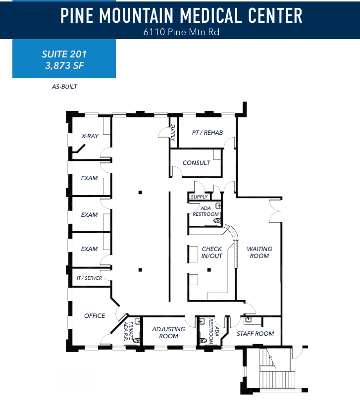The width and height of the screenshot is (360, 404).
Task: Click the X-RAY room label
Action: tap(90, 136)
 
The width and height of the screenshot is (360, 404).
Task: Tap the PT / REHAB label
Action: tap(207, 132)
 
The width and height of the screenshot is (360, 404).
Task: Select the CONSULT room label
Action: tap(196, 163)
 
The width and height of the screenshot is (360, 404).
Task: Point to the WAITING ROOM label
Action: tap(259, 252)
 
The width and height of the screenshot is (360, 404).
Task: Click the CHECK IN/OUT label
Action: tap(211, 252)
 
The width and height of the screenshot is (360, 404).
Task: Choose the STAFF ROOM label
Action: tap(255, 334)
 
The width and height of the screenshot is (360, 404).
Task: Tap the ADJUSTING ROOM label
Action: tap(168, 333)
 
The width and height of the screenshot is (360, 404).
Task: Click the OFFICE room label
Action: tap(94, 316)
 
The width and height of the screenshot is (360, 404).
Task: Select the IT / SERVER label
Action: tap(89, 278)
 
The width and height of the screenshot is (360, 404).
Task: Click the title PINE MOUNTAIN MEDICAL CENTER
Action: tap(181, 16)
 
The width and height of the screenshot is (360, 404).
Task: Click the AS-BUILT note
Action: tap(64, 87)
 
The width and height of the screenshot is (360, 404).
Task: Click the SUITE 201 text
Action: tap(64, 53)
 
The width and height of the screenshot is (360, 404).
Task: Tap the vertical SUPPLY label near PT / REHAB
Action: tap(173, 132)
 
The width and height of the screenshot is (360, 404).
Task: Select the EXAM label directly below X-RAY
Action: tap(89, 178)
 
